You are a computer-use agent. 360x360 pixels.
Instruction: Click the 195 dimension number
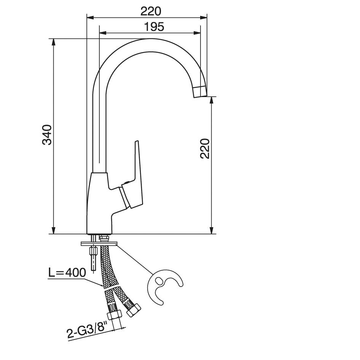tap(154, 27)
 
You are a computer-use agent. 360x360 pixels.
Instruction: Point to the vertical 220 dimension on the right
tap(205, 148)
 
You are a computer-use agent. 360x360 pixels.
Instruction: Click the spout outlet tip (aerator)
tap(200, 91)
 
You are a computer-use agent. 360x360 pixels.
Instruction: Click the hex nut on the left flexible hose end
tap(114, 315)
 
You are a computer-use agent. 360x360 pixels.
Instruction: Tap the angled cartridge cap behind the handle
tap(126, 197)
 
